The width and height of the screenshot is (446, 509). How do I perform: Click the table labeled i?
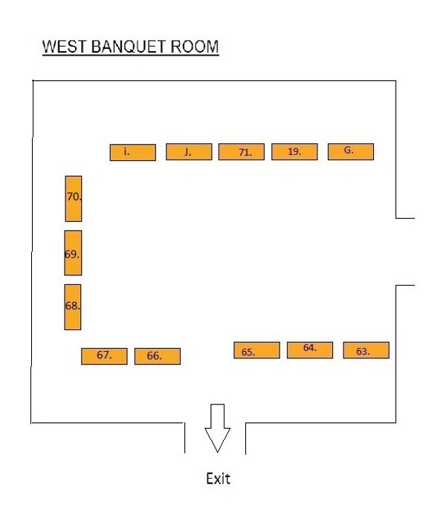(x=132, y=152)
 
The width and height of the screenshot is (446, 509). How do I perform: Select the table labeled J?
(x=188, y=152)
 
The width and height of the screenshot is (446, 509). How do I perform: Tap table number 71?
(x=242, y=152)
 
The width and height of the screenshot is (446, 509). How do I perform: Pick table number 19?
(x=294, y=152)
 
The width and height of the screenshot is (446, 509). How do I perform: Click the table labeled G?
(x=350, y=151)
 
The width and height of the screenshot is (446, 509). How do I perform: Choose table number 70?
(x=73, y=198)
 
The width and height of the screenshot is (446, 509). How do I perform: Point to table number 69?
(x=73, y=253)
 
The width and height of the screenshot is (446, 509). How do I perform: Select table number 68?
(x=72, y=306)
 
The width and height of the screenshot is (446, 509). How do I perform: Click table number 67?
(x=104, y=356)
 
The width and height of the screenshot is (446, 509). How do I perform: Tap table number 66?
(x=157, y=356)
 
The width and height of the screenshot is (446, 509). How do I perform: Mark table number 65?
(x=256, y=350)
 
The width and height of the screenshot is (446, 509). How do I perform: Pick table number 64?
(x=310, y=349)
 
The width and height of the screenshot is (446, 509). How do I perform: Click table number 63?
(x=366, y=350)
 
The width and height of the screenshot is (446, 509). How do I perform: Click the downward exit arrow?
(x=217, y=428)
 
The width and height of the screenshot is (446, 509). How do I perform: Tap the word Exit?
(x=218, y=479)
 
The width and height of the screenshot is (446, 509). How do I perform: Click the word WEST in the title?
(x=65, y=47)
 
